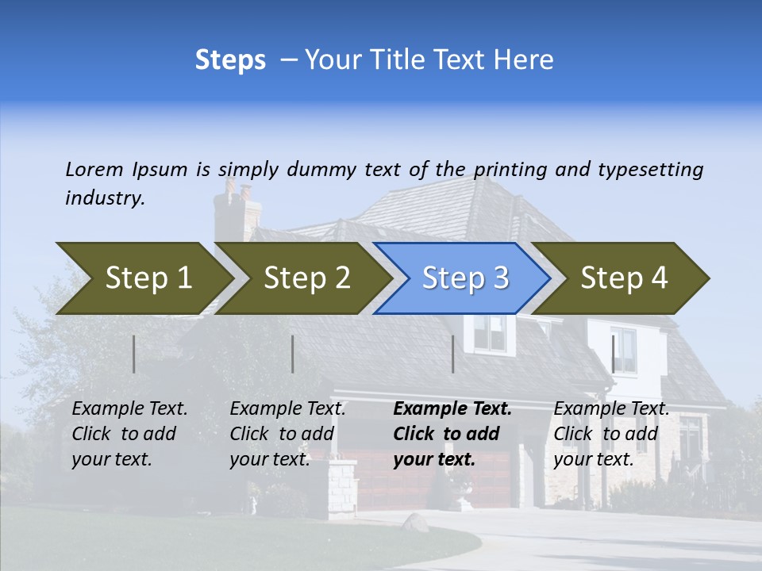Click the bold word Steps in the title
(x=230, y=60)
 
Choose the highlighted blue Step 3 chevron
(x=465, y=278)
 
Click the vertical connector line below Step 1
(x=134, y=354)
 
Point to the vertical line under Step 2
(x=293, y=354)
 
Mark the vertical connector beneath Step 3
(x=452, y=354)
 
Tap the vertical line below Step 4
(x=613, y=354)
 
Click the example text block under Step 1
(x=129, y=434)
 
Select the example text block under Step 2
(x=287, y=434)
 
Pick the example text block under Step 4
(x=611, y=434)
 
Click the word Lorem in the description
(x=94, y=169)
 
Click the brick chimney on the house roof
(x=238, y=210)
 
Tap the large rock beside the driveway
(x=415, y=523)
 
